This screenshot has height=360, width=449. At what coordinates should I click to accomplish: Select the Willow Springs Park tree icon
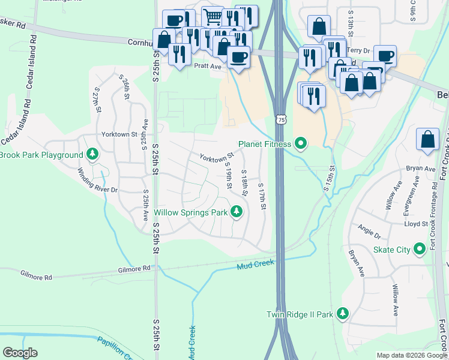(x=237, y=211)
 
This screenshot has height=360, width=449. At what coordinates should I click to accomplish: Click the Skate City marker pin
(x=418, y=250)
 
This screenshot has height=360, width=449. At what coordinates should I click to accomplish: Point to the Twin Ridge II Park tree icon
(x=342, y=313)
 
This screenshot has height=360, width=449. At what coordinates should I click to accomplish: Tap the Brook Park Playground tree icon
(x=92, y=155)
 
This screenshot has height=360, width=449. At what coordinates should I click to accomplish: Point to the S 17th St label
(x=262, y=197)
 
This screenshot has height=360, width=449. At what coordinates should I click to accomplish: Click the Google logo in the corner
(x=20, y=353)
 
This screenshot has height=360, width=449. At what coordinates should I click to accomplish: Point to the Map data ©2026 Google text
(x=411, y=355)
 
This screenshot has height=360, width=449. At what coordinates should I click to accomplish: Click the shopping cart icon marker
(x=212, y=17)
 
